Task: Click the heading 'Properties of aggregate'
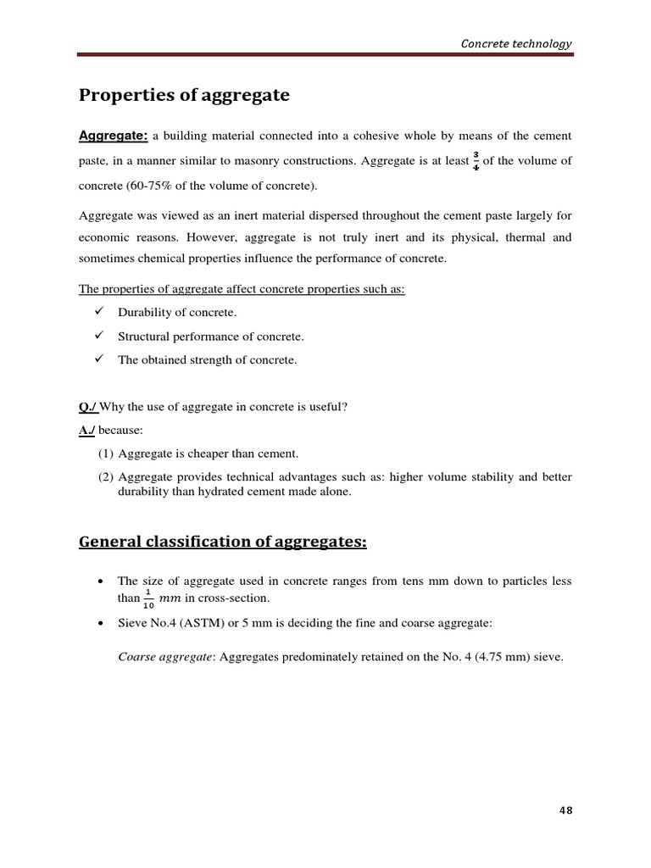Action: pyautogui.click(x=184, y=96)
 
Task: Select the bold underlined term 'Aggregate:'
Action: pyautogui.click(x=114, y=136)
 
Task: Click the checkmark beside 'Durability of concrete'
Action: pyautogui.click(x=98, y=312)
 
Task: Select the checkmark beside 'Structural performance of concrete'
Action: pyautogui.click(x=98, y=336)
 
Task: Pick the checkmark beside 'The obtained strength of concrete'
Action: pyautogui.click(x=98, y=359)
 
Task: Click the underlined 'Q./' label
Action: pyautogui.click(x=88, y=407)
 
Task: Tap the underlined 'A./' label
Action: pyautogui.click(x=88, y=430)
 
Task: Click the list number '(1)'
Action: pyautogui.click(x=106, y=453)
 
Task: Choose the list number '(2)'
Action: pyautogui.click(x=106, y=477)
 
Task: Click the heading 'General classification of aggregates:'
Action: pyautogui.click(x=223, y=542)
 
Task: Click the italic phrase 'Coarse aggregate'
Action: pyautogui.click(x=165, y=656)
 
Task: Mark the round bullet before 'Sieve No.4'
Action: pyautogui.click(x=101, y=623)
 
